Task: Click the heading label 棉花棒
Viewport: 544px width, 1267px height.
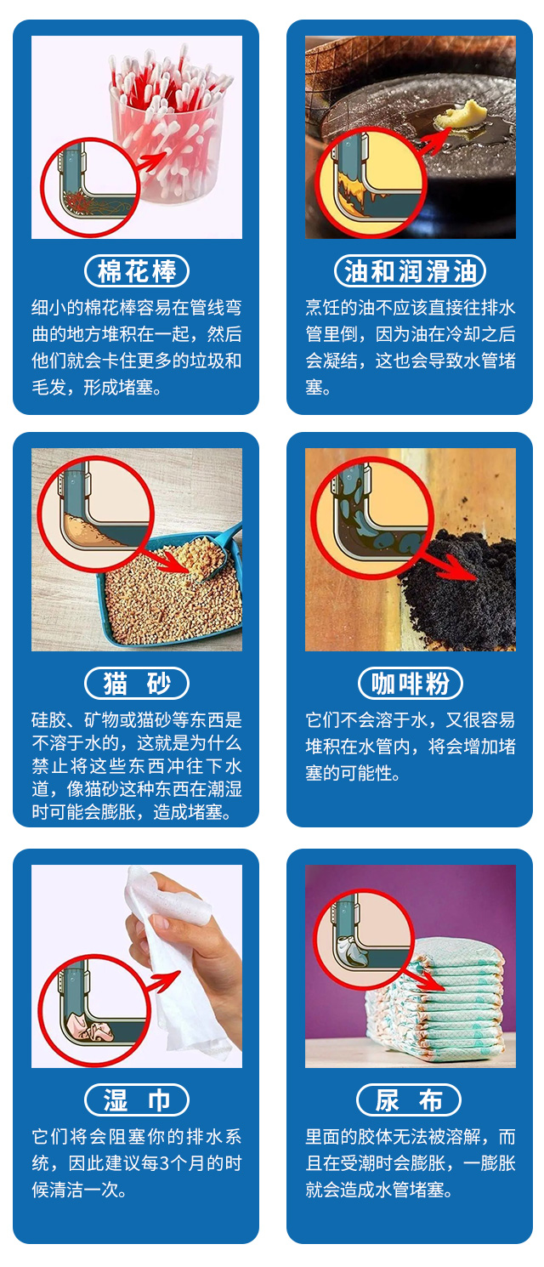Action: point(137,271)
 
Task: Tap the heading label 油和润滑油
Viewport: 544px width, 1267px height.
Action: point(410,271)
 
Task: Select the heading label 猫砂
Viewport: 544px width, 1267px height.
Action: point(137,684)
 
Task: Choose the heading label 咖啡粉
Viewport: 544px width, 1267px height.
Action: point(410,684)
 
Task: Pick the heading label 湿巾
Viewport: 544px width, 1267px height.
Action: point(137,1100)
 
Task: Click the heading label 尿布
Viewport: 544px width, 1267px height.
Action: point(410,1100)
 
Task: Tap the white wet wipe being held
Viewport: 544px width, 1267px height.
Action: point(183,969)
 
